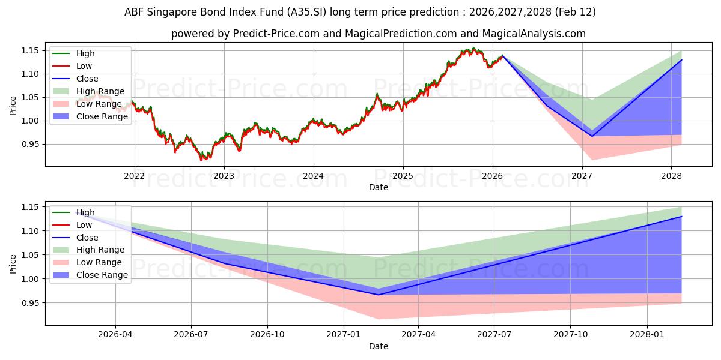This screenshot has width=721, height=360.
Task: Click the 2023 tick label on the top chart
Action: tap(224, 176)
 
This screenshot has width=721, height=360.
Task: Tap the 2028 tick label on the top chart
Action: tap(671, 176)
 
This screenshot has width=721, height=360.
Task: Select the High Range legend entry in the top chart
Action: tap(100, 91)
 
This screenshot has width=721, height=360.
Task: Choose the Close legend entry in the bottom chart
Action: tap(87, 238)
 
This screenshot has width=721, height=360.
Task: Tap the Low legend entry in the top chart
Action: tap(84, 66)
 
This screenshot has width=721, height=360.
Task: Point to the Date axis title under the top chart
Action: tap(379, 187)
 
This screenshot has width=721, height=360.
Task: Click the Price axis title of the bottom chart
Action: tap(13, 263)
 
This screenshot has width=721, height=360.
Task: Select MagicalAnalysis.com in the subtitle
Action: tap(538, 34)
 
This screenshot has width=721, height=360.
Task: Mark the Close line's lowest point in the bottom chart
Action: tap(379, 295)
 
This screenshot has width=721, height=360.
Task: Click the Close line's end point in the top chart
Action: tap(681, 60)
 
